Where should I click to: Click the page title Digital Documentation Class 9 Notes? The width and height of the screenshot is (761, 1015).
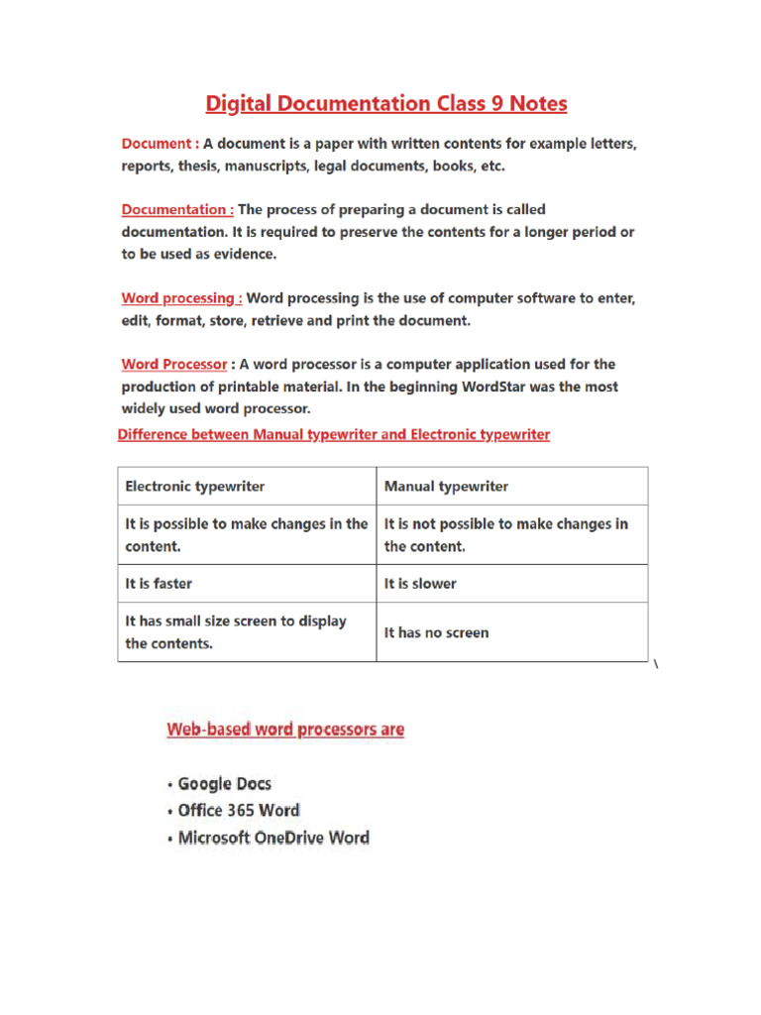click(x=385, y=104)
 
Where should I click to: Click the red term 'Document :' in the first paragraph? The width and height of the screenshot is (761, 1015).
click(x=160, y=144)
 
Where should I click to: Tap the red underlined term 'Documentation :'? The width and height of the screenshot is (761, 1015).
click(x=177, y=209)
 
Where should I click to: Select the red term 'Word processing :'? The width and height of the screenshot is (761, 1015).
click(x=181, y=297)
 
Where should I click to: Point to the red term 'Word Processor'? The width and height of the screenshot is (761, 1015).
click(x=174, y=364)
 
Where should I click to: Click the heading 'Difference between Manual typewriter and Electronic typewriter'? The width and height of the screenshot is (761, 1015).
click(x=334, y=434)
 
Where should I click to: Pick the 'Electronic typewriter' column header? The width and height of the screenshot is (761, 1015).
click(x=195, y=487)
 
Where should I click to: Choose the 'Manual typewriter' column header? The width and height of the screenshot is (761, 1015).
click(x=446, y=487)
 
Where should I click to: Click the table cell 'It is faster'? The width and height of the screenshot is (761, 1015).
click(x=159, y=584)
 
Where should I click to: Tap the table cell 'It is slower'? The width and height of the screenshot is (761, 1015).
click(x=420, y=584)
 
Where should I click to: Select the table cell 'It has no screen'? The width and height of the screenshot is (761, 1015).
click(x=436, y=632)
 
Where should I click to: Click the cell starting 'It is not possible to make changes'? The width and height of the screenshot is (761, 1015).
click(x=505, y=534)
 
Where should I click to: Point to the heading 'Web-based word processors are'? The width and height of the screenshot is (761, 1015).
click(x=285, y=730)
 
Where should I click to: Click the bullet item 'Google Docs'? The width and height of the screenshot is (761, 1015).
click(x=224, y=783)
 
